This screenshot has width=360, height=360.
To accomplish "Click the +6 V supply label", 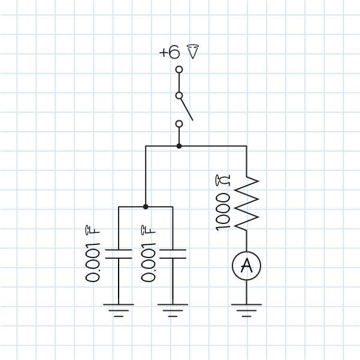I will coord(179,52).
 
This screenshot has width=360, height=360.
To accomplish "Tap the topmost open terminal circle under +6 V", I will coord(179,70).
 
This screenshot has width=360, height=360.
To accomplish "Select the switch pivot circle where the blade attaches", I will coord(179,95).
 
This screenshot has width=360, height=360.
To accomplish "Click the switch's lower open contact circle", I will coord(179,124).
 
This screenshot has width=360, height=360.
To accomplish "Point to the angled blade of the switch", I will coord(186,109).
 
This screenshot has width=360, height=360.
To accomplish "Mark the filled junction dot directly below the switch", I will coord(179,146).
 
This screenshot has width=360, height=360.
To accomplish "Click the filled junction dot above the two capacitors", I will coord(146,207).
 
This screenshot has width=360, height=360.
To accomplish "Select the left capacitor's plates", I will coord(119,253).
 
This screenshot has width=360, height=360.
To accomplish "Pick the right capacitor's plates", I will coord(173,253).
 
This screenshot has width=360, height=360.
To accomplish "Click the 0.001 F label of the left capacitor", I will coord(93,255).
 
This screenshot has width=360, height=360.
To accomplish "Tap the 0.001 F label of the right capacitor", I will coord(148,255).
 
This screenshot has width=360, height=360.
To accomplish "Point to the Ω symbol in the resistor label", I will coord(220,180).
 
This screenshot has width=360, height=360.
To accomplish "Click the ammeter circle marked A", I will coord(247,267).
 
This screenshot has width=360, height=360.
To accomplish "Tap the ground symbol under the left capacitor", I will coord(119,309).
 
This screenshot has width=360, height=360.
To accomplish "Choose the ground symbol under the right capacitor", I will coord(173,309).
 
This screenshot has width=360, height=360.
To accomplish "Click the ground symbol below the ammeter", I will coord(247,309).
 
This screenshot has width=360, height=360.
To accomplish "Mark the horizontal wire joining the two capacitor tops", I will coord(132,207).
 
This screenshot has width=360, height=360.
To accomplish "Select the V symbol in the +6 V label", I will coord(192,52).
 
